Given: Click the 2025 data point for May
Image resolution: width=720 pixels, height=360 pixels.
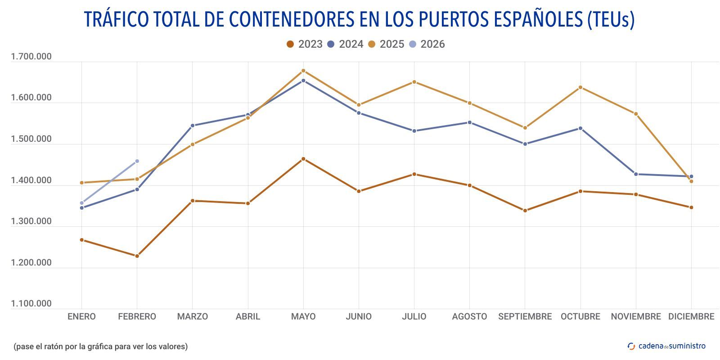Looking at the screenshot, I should pos(303,71).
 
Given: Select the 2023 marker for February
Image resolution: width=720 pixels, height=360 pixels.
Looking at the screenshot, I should pos(137,256).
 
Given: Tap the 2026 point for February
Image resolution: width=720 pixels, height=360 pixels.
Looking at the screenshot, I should pos(137,161).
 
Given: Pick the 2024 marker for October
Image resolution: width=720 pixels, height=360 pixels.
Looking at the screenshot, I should pos(580,128).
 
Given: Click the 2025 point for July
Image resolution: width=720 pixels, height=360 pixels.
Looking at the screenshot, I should pos(414,82).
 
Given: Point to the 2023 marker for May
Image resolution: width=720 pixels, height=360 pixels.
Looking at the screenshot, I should pos(303,159).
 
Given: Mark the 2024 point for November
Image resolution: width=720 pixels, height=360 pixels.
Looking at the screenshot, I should pos(636,174).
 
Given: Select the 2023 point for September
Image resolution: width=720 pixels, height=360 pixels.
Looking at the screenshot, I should pos(525,211).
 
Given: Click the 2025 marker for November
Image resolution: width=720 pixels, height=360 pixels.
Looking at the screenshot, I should pos(636,114).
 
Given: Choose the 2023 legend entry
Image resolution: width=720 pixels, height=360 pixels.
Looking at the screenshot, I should pos(305,44).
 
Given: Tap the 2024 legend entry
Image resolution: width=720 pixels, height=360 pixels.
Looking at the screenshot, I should pos(345,44).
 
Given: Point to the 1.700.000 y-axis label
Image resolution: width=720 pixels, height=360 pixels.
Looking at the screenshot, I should pos(31,57).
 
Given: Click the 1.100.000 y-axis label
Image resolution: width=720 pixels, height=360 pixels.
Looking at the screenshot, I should pos(31,304).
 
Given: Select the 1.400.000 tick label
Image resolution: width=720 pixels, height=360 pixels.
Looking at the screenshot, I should pos(31,180).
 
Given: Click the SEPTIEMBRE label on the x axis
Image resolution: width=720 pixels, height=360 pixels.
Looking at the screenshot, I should pos(525,316).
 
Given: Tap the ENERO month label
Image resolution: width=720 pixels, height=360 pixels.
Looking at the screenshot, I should pos(81,316).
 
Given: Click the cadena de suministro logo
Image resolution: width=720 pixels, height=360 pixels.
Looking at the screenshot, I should pos(666,346).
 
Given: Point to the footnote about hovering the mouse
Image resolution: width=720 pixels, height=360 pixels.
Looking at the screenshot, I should pos(100,346).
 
